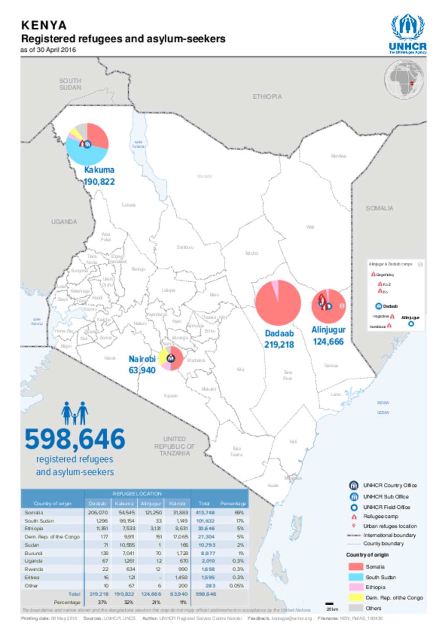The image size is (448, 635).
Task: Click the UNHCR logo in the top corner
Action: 407,34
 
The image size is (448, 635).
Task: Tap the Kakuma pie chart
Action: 87,144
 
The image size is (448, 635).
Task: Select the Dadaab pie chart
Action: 278,303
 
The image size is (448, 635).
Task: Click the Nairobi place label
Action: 142,359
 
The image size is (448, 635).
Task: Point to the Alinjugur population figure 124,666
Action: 328,342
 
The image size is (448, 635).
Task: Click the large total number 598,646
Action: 75,439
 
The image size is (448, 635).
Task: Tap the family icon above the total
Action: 74,413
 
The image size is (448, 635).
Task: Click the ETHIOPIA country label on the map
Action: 267,96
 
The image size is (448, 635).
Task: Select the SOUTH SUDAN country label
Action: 70,84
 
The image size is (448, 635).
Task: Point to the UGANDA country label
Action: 64,222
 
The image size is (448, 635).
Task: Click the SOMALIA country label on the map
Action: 379,208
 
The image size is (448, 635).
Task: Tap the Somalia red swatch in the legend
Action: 355,567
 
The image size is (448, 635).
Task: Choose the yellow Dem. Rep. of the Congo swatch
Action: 355,598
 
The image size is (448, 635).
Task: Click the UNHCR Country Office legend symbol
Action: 353,485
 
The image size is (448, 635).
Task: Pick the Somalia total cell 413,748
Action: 205,512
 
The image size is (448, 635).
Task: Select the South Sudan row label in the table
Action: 39,521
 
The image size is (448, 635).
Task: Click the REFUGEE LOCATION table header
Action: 137,493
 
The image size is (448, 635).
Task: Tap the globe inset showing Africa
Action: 404,80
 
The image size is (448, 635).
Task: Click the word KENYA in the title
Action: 44,25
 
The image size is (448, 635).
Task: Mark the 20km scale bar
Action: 329,604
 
